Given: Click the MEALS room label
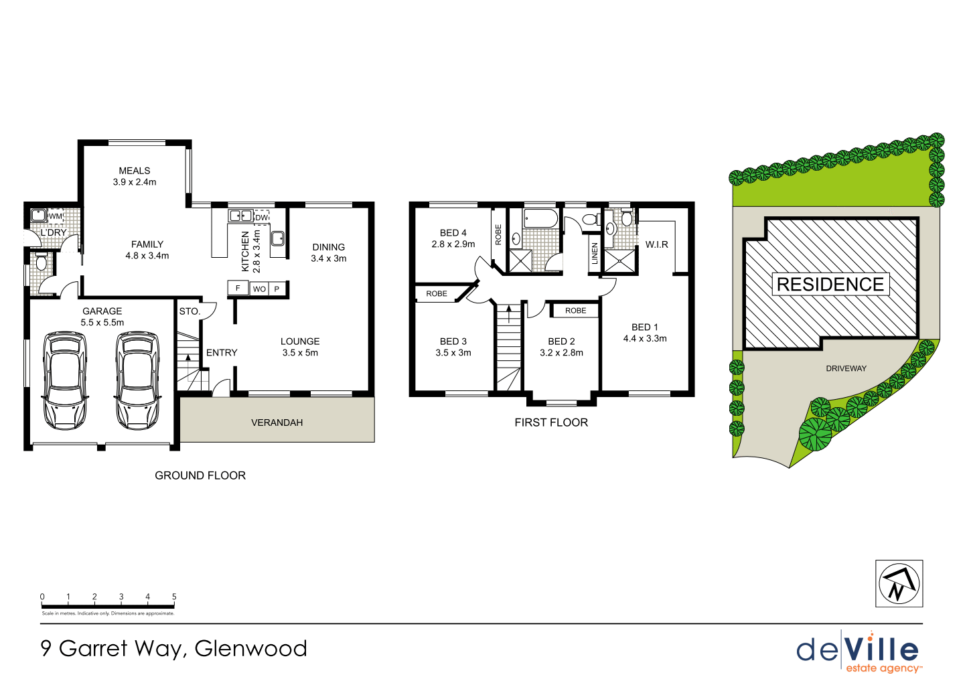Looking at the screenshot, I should [x=135, y=171].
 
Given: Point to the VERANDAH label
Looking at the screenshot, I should [x=277, y=423].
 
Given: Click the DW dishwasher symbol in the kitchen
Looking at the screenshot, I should [x=262, y=217].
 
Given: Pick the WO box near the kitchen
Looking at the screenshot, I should [x=259, y=289].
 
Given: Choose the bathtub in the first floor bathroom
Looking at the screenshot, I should [x=540, y=218].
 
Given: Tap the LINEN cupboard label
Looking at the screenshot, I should [x=595, y=254].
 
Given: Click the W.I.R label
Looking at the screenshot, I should [x=656, y=244].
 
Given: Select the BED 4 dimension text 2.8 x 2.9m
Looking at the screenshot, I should [x=453, y=244].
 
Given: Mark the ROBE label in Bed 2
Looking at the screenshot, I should [x=575, y=311].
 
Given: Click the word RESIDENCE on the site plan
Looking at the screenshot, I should [x=830, y=285].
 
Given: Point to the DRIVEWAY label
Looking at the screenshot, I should [x=846, y=368].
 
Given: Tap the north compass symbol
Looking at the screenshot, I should [x=899, y=583].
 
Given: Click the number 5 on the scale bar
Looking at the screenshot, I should [x=174, y=597].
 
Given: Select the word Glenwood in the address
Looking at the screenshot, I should [x=250, y=648].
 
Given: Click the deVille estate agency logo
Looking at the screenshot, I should [x=858, y=652].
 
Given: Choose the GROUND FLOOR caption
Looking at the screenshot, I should [x=200, y=475].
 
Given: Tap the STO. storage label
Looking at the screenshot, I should [x=190, y=311].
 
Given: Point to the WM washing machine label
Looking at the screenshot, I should [x=55, y=216].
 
